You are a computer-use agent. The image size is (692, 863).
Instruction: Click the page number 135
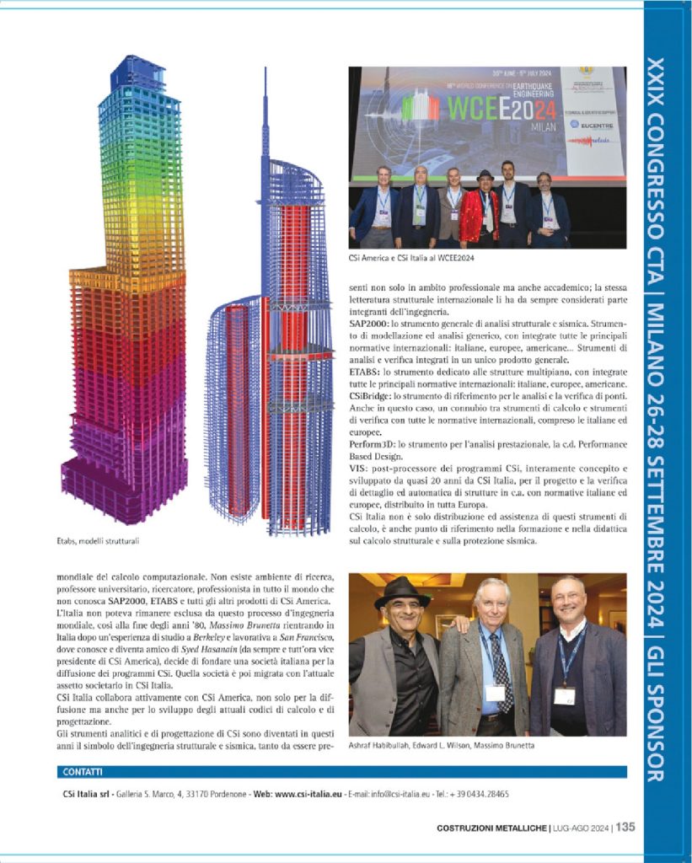(625, 827)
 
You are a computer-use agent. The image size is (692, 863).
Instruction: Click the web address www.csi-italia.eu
(308, 794)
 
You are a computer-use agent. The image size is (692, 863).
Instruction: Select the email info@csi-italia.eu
(398, 794)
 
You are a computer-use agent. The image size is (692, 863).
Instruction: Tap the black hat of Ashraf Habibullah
(402, 590)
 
